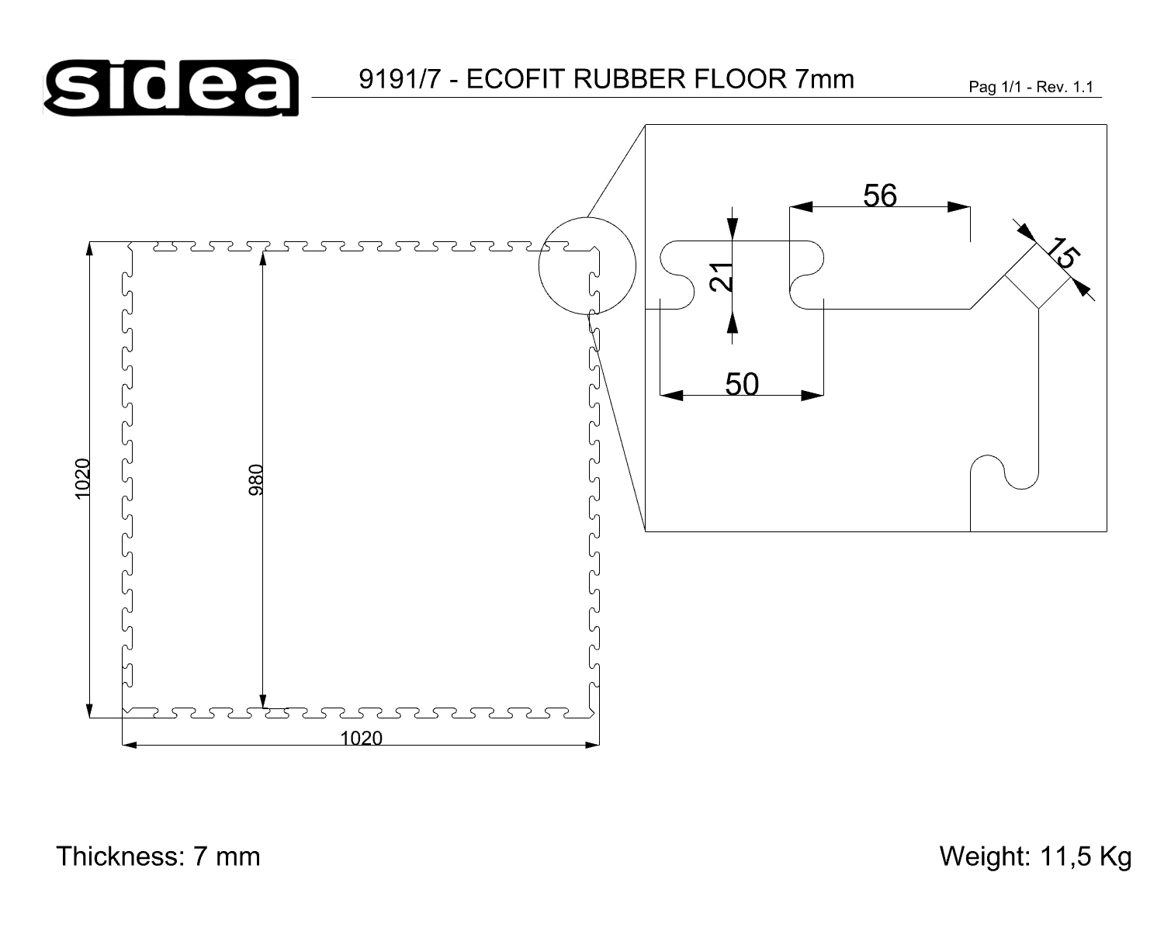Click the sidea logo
pyautogui.click(x=171, y=87)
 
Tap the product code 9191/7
pyautogui.click(x=400, y=79)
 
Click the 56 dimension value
pyautogui.click(x=880, y=196)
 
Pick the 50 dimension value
pyautogui.click(x=742, y=385)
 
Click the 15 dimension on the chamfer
pyautogui.click(x=1062, y=253)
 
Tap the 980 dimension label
pyautogui.click(x=255, y=479)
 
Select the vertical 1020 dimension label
pyautogui.click(x=81, y=479)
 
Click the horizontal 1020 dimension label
pyautogui.click(x=362, y=739)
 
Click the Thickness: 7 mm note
pyautogui.click(x=158, y=857)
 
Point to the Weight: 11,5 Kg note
pyautogui.click(x=1035, y=857)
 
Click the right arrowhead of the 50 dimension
pyautogui.click(x=812, y=396)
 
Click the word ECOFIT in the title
pyautogui.click(x=515, y=79)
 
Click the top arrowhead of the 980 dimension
pyautogui.click(x=263, y=258)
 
